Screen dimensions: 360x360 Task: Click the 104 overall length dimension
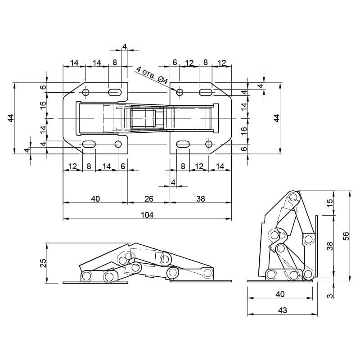coord(147,215)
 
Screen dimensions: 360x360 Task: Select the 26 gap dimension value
coord(149,198)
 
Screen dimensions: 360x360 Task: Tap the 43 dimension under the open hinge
coord(283,310)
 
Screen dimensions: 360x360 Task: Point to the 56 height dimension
coord(346,236)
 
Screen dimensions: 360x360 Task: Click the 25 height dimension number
coord(43,263)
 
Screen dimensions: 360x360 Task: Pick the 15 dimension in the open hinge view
coord(329,203)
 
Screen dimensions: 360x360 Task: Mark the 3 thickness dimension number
coord(330,296)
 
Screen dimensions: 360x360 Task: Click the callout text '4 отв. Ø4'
coord(153,75)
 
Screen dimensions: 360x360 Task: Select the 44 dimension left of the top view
coord(12,118)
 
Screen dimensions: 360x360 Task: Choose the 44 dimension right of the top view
coord(277,118)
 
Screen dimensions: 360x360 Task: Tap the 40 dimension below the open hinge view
coord(280,294)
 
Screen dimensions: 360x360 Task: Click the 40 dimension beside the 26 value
coord(95,198)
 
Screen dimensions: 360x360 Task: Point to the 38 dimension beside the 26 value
coord(200,198)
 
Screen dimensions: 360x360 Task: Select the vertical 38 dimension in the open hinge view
coord(329,246)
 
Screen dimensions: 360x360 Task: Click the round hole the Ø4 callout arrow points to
coord(180,92)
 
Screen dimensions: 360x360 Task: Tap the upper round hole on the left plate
coord(86,92)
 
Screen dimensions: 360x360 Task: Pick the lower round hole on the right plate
coord(209,144)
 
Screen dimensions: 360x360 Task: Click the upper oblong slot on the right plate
coord(206,92)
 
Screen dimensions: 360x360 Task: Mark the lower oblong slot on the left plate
coord(89,144)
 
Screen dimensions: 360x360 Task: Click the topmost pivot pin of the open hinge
coord(293,197)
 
